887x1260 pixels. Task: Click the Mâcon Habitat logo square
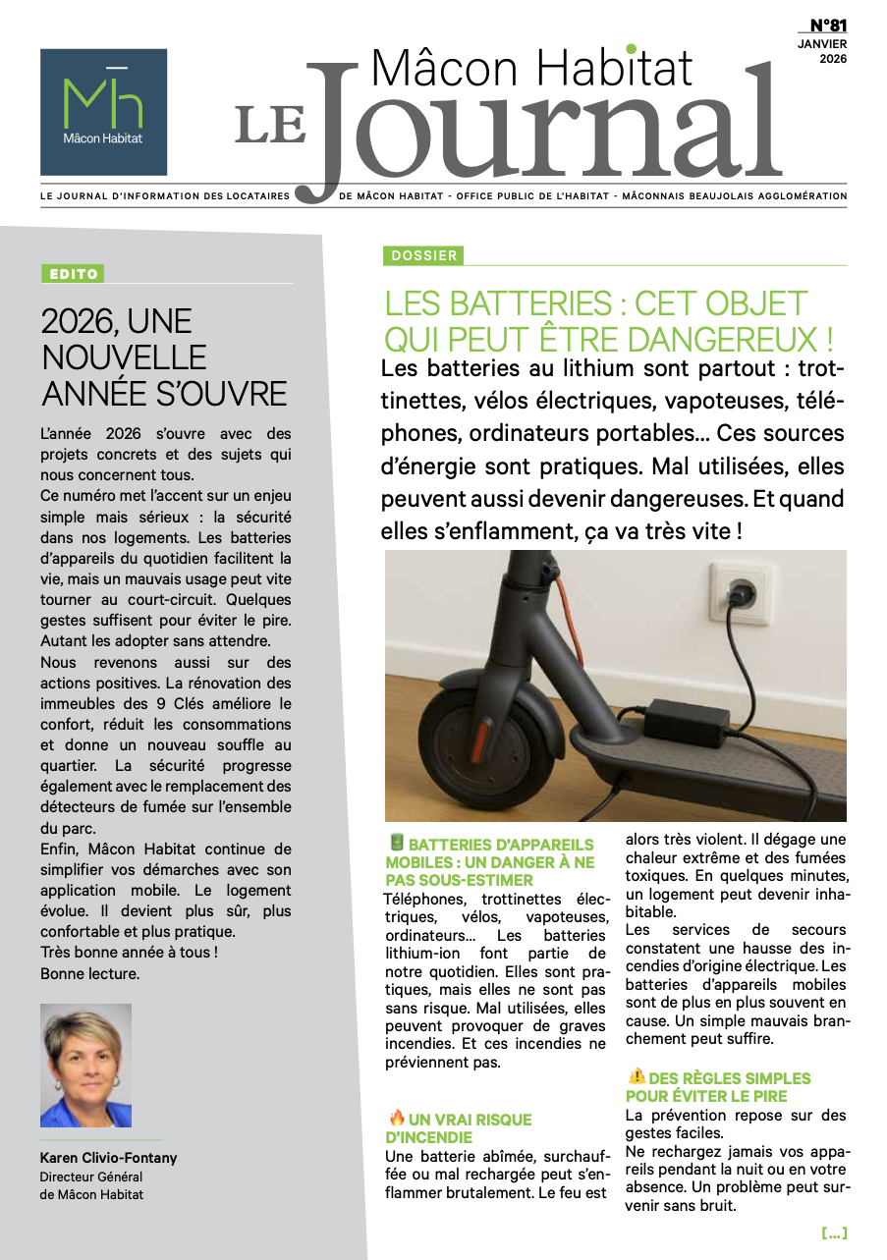[103, 112]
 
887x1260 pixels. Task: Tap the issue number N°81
[828, 26]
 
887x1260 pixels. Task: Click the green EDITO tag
[72, 275]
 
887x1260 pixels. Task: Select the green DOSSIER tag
[423, 255]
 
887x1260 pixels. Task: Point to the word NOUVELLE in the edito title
[124, 356]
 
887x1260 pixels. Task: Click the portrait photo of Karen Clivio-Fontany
[85, 1066]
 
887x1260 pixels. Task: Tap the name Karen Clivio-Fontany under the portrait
[108, 1158]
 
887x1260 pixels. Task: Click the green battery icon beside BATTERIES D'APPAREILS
[396, 843]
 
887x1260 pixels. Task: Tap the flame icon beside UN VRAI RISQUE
[397, 1118]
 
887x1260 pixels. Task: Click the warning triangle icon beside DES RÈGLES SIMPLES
[637, 1076]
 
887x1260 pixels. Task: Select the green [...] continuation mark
[833, 1233]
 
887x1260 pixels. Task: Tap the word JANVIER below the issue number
[822, 43]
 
